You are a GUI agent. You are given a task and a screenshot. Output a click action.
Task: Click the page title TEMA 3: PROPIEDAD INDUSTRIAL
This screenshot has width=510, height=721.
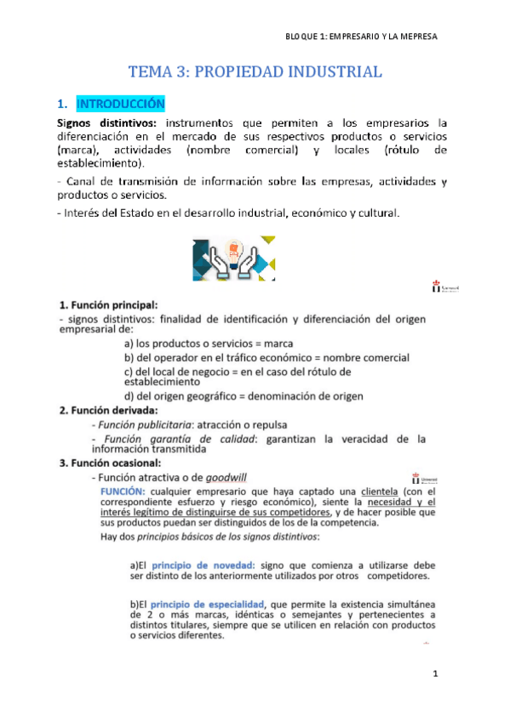tap(255, 72)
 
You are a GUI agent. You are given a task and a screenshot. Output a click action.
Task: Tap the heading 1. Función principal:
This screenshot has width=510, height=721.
tap(108, 304)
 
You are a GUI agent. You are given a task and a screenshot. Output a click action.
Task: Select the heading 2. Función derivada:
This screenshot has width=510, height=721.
tap(108, 411)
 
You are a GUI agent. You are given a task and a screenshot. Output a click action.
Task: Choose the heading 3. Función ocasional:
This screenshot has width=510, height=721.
tap(110, 463)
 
